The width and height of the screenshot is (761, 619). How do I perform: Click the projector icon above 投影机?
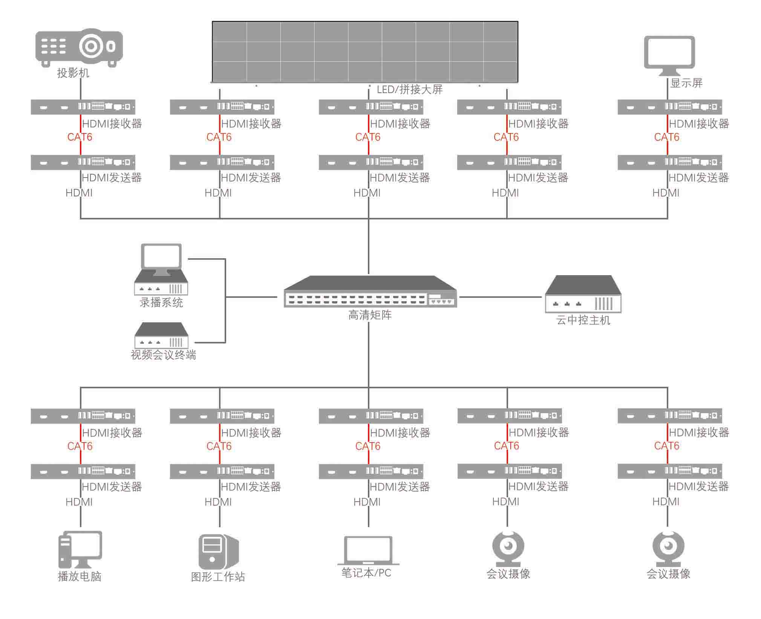tap(79, 47)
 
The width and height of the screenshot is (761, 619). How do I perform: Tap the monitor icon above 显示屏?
tap(669, 55)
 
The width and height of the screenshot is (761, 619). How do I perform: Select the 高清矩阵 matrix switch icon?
tap(370, 292)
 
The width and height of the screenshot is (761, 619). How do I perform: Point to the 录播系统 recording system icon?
tap(161, 269)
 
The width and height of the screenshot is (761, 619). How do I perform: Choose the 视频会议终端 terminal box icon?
tap(161, 335)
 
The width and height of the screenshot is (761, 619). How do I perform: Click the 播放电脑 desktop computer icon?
tap(80, 550)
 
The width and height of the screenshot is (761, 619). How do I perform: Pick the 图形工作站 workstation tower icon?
tap(218, 551)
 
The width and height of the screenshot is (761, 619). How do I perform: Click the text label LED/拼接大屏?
tap(409, 90)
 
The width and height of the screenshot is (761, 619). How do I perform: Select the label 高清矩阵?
tap(370, 315)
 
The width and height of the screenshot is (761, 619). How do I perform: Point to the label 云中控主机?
tap(583, 320)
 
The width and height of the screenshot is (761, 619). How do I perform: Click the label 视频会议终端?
tap(163, 355)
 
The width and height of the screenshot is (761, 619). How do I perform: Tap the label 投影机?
tap(73, 73)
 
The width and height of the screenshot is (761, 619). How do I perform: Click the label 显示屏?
tap(686, 83)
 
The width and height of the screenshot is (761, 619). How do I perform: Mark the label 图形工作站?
tap(218, 577)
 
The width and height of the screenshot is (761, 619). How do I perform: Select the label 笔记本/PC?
tap(366, 573)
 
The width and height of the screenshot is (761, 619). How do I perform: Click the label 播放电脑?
tap(80, 576)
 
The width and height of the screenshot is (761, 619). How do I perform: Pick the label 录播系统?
tap(161, 302)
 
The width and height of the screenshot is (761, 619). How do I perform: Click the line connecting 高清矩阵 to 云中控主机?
tap(501, 297)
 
